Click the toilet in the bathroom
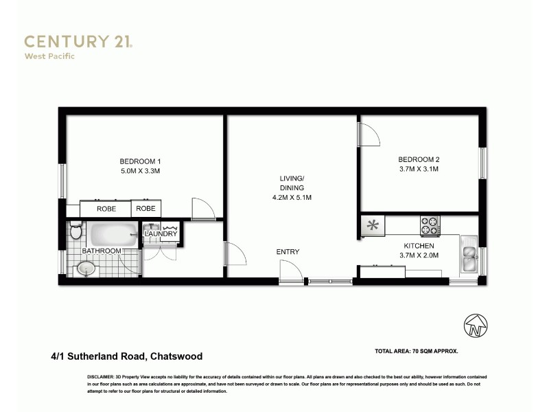[x=76, y=231]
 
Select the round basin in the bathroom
[x=85, y=269]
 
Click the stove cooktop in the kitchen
[x=430, y=224]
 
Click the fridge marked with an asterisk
[x=373, y=225]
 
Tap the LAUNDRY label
[x=161, y=235]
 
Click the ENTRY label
[x=288, y=252]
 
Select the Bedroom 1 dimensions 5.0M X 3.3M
[x=140, y=171]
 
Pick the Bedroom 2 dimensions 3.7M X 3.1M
[x=418, y=169]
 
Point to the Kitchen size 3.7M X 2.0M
[x=418, y=255]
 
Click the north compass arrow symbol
[x=475, y=325]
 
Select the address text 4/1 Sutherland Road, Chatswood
[x=126, y=356]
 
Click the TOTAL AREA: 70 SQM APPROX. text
[x=417, y=351]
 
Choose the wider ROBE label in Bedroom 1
[x=106, y=209]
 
